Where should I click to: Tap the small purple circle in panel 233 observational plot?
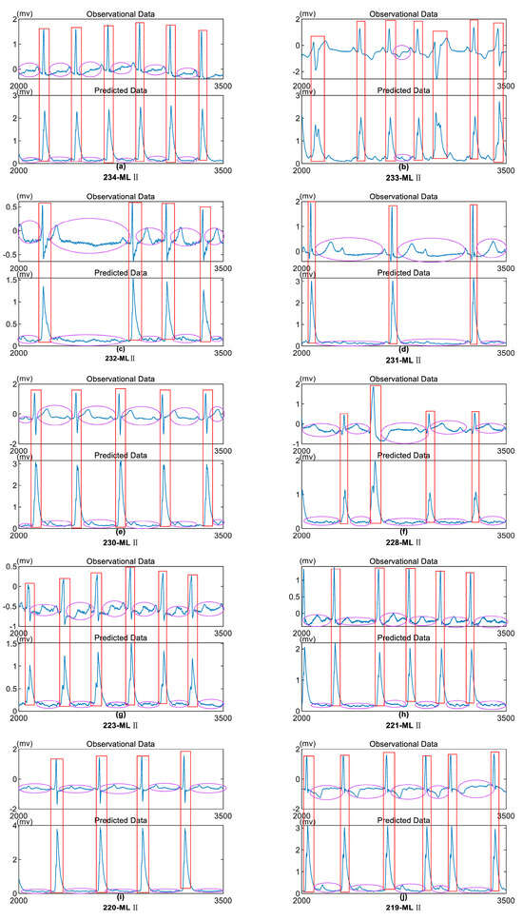[x=401, y=52]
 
